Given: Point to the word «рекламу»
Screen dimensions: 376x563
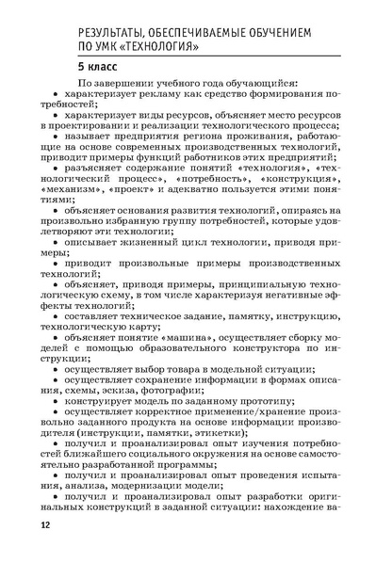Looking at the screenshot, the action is tap(171, 99).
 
